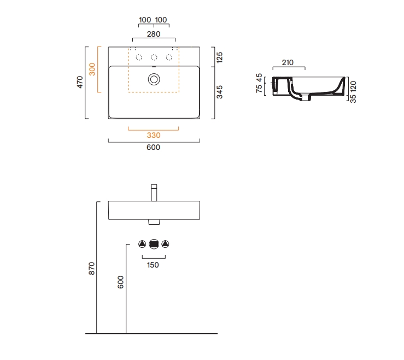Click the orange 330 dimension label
point(154,135)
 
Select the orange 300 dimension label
point(92,69)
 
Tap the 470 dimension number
point(80,82)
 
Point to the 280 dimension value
point(154,34)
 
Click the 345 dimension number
point(220,92)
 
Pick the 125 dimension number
point(220,57)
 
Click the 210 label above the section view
point(288,62)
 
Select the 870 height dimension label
point(92,269)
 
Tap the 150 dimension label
point(153,265)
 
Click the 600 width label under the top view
point(153,147)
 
